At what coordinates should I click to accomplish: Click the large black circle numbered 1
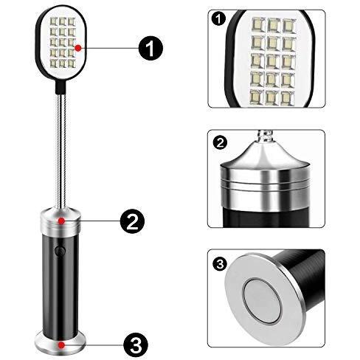150,48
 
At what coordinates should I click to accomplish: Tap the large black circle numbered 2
132,221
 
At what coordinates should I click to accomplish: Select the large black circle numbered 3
136,345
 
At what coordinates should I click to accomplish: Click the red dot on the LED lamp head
78,48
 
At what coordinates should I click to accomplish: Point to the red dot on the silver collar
61,221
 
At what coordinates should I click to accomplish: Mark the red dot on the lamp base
61,345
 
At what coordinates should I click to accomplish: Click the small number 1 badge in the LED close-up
218,19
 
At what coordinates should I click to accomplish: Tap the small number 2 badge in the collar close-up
220,143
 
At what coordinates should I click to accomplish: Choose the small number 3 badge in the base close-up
220,264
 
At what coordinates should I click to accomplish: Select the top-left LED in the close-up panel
258,25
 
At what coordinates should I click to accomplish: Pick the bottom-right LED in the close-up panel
288,98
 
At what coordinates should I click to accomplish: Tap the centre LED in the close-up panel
273,61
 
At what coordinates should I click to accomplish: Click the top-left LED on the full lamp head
53,21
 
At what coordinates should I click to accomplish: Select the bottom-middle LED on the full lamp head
63,63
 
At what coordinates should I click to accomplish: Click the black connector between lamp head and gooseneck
60,86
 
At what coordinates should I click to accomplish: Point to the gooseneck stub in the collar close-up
265,136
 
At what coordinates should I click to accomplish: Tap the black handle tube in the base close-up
304,274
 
